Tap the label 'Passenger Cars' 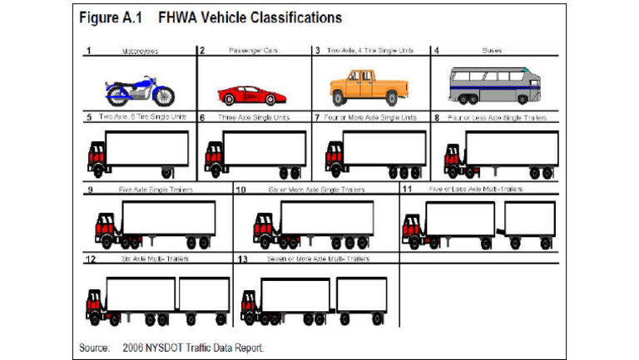coord(253,51)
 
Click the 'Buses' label coord(492,50)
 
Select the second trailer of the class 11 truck coord(529,219)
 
